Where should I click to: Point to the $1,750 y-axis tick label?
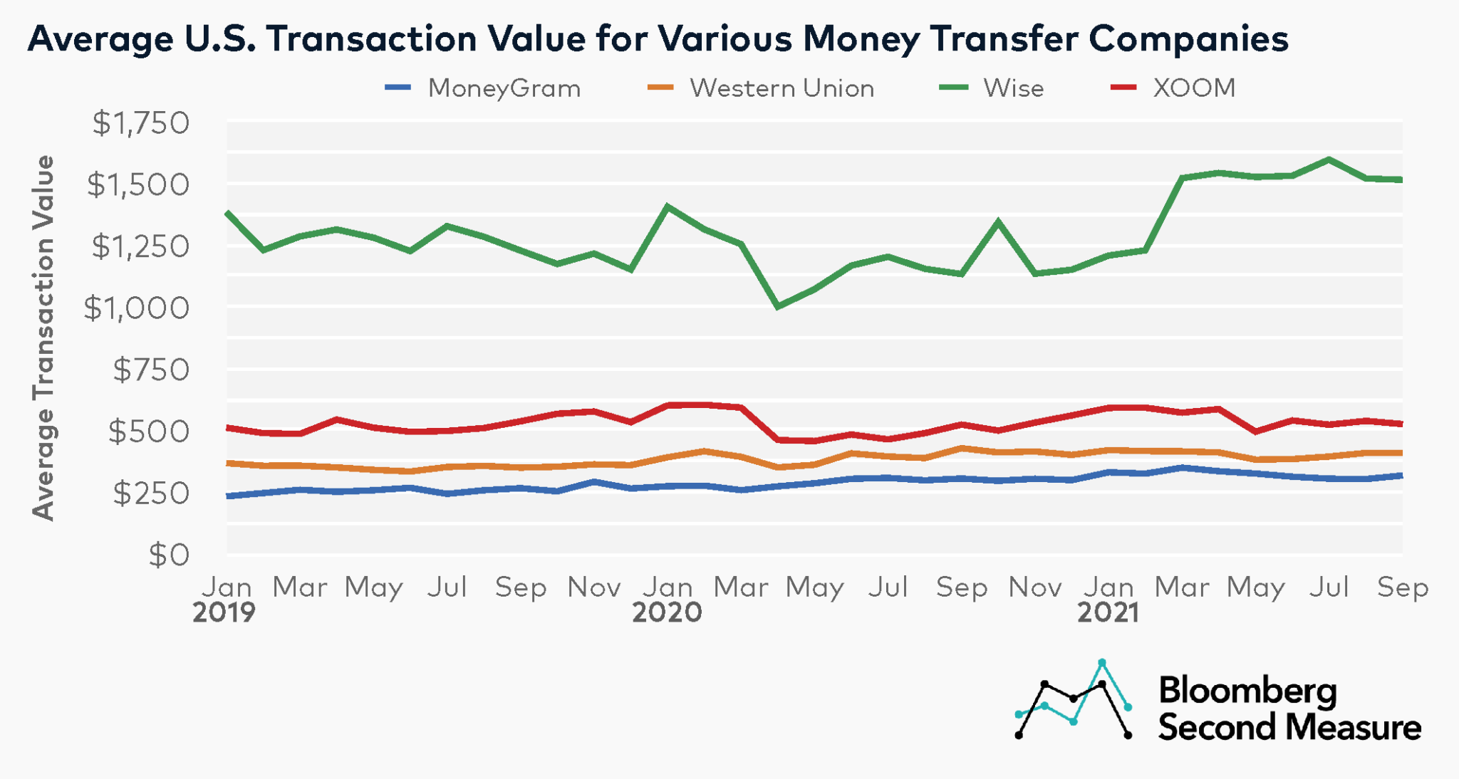(x=141, y=123)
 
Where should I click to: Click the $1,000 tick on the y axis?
(x=137, y=308)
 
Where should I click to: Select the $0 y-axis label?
(x=169, y=555)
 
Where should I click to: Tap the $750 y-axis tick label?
(x=151, y=370)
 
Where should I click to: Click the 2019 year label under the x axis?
(x=224, y=612)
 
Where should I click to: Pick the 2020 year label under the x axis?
(x=667, y=612)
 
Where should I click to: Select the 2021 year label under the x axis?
(x=1108, y=612)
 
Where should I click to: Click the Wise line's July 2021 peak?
(x=1329, y=160)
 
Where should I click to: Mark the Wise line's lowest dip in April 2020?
(x=778, y=306)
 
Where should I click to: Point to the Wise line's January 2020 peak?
(x=667, y=206)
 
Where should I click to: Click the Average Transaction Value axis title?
(x=44, y=338)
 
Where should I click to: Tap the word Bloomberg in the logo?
(x=1247, y=690)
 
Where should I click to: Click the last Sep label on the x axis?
(x=1402, y=587)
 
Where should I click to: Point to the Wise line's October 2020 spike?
(x=998, y=221)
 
